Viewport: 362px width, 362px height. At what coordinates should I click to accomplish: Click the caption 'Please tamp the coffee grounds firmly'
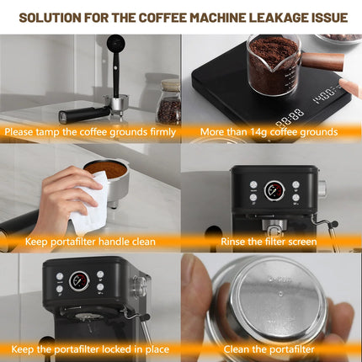pyautogui.click(x=90, y=131)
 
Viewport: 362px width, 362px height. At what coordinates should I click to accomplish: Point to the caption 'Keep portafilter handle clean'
pyautogui.click(x=90, y=242)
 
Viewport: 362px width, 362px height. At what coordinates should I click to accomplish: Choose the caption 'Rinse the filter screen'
pyautogui.click(x=271, y=242)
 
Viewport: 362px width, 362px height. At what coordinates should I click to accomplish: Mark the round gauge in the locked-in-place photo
pyautogui.click(x=78, y=281)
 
